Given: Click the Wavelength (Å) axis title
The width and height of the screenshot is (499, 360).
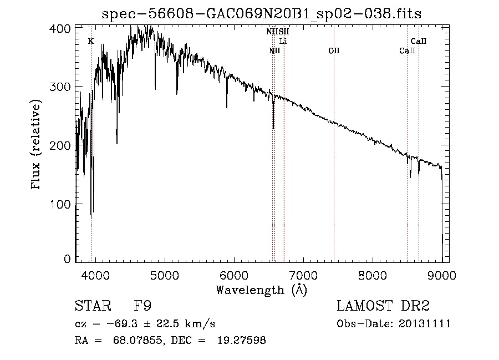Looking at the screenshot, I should (261, 289).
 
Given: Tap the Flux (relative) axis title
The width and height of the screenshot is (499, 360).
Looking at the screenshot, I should (37, 145).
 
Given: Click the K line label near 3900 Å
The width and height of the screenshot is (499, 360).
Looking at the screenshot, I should (91, 41).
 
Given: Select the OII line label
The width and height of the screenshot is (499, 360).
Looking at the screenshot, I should (334, 51).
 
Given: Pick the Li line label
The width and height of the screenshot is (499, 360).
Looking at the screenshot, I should (283, 42).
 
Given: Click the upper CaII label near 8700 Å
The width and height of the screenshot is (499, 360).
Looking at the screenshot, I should (419, 41).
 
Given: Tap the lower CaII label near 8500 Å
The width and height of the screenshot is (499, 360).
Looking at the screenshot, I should (408, 51).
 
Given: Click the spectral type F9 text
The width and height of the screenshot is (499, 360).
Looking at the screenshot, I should (143, 306).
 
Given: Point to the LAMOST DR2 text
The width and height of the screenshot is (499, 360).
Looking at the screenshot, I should (383, 306).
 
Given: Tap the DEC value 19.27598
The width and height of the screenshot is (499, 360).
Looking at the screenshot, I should (243, 341).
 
